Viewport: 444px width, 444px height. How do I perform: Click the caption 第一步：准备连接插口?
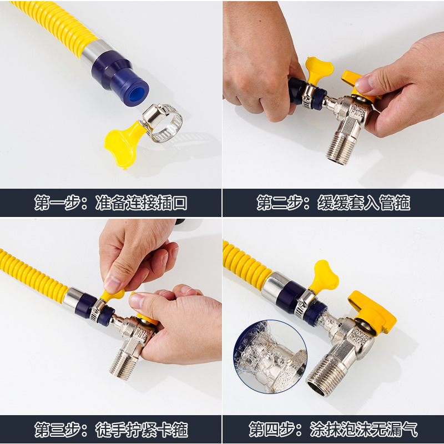click(x=110, y=203)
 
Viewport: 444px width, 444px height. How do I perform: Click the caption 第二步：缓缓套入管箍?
click(x=333, y=203)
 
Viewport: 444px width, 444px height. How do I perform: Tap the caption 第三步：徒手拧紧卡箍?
click(x=110, y=429)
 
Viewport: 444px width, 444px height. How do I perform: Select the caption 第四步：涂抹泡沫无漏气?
click(x=333, y=429)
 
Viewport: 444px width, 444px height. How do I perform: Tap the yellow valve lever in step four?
click(x=373, y=314)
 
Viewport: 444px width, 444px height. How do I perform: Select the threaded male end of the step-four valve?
click(x=325, y=375)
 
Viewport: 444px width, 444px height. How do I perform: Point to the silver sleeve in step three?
click(x=72, y=299)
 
